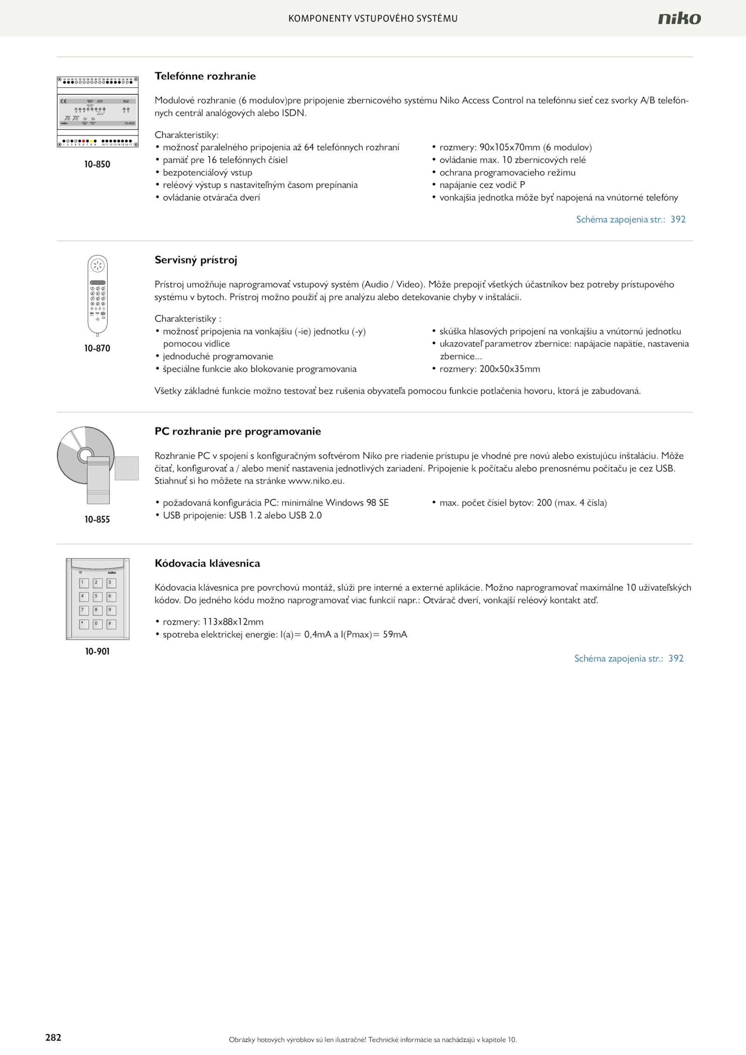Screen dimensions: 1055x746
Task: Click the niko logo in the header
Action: coord(679,18)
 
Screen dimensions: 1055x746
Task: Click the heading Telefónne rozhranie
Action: coord(205,76)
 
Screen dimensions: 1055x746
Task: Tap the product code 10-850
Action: coord(97,164)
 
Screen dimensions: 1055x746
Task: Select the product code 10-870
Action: coord(97,348)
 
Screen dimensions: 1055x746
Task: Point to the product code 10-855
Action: coord(97,519)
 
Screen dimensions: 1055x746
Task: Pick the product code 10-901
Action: coord(97,651)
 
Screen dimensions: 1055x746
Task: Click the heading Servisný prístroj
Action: coord(196,260)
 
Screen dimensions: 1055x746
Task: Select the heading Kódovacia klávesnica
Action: coord(207,563)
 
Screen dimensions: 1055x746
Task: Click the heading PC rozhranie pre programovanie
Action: coord(238,431)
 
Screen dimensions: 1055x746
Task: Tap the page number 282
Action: coord(53,1037)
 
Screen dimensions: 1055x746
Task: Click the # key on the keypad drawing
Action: coord(111,624)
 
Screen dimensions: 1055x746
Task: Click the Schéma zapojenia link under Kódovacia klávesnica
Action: coord(629,658)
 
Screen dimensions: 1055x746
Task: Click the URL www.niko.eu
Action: coord(316,481)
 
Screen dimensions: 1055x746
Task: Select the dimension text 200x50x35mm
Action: coord(510,369)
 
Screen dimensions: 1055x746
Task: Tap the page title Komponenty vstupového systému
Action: coord(373,19)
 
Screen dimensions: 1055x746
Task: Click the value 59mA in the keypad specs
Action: coord(395,634)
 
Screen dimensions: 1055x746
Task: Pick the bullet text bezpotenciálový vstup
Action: coord(207,172)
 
